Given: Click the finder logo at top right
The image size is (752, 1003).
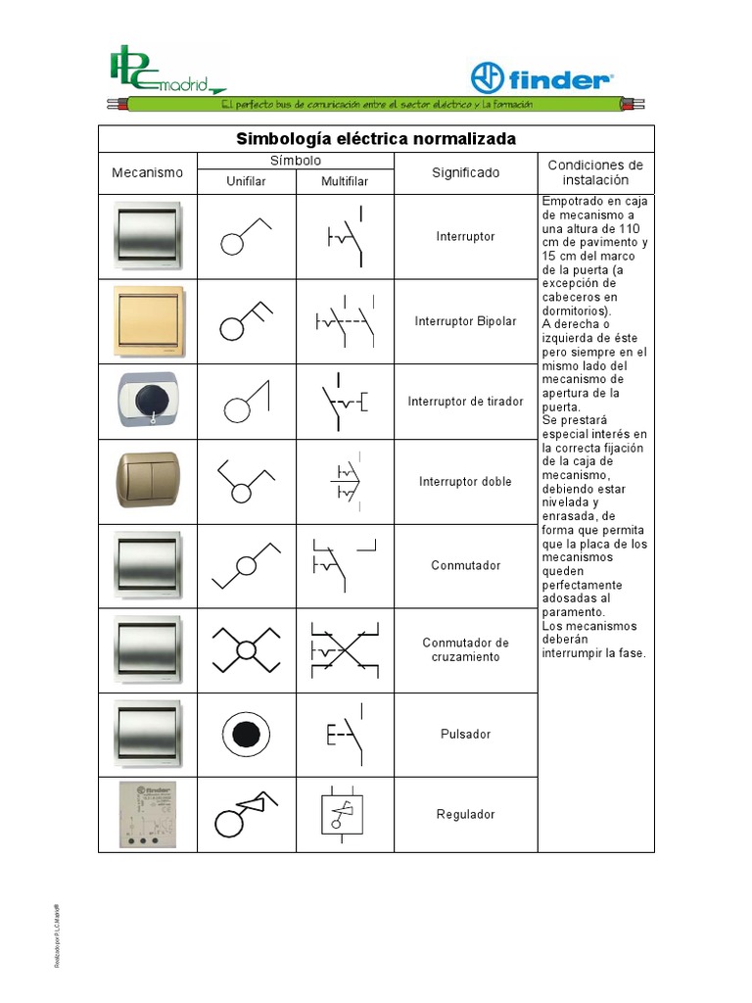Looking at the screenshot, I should click(541, 78).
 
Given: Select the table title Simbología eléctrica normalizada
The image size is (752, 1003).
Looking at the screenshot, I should click(376, 138).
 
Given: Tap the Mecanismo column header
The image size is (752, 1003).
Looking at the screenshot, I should click(148, 172).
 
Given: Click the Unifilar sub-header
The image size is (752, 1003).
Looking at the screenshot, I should click(246, 181).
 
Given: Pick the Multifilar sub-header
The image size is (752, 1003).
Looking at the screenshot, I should click(345, 181).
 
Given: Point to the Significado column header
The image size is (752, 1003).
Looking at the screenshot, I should click(465, 172).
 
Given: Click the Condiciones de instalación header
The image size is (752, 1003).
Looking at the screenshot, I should click(595, 172).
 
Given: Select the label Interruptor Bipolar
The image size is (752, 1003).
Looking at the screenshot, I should click(465, 321).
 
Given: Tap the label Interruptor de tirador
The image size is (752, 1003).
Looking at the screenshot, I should click(465, 402).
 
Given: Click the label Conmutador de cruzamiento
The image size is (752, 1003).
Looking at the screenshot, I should click(465, 649).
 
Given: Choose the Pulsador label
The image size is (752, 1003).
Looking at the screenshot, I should click(465, 734).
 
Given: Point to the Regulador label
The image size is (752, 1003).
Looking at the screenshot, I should click(465, 814).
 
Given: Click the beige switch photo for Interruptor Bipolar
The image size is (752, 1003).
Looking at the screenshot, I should click(148, 321).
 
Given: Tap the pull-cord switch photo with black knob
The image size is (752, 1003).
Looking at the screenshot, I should click(148, 402).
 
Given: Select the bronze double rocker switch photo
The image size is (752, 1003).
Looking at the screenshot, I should click(148, 480).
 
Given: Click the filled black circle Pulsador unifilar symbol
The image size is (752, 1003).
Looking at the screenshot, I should click(246, 733).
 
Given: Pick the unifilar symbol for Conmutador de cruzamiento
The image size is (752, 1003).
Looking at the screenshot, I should click(246, 649).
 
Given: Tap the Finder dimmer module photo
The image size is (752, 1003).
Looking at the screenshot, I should click(147, 814).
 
